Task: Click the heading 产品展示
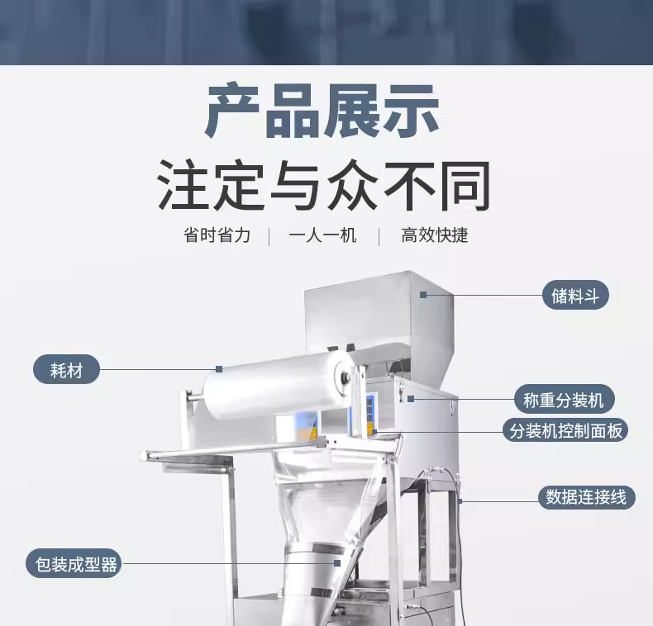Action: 322,111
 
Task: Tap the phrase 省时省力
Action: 217,235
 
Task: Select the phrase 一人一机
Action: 322,235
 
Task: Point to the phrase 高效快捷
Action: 434,235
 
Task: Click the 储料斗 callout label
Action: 575,296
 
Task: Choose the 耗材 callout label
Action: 67,369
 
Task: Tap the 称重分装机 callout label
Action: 564,400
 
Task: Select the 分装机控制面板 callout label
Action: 565,430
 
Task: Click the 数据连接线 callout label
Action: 586,497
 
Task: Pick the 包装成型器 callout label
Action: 74,563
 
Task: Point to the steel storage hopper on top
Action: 379,316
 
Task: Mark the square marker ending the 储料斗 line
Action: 423,295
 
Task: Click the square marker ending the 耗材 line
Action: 219,369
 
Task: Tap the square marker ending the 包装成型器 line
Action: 337,563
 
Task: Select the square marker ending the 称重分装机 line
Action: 411,399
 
